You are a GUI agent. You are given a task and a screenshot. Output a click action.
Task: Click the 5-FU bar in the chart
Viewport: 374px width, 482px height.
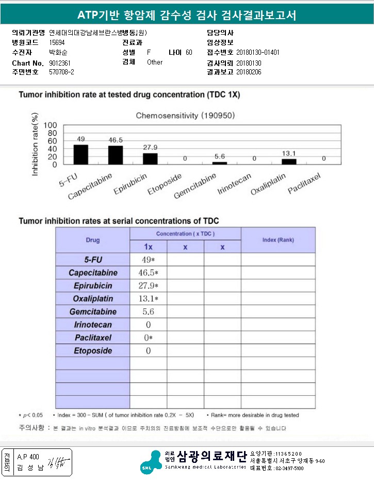tap(81, 154)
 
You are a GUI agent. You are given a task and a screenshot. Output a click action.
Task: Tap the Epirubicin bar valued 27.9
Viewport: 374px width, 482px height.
tap(150, 159)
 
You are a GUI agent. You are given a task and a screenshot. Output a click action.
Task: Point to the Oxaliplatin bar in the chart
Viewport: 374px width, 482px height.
tap(289, 161)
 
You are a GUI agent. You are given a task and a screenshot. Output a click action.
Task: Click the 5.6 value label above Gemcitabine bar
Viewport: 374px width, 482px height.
tap(219, 157)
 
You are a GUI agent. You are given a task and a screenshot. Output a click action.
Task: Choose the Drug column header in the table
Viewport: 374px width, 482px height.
tap(93, 240)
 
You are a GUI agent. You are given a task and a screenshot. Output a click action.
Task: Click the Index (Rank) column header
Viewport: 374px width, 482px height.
tap(278, 240)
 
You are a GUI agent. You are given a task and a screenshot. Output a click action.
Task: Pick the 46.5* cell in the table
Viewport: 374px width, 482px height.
tap(148, 273)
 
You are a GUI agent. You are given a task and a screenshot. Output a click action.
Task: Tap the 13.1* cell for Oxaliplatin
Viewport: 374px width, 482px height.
tap(148, 299)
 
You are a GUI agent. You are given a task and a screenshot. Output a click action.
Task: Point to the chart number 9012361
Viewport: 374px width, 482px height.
tap(60, 63)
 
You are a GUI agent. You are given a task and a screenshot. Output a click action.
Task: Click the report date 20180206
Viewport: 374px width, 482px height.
tap(249, 72)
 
